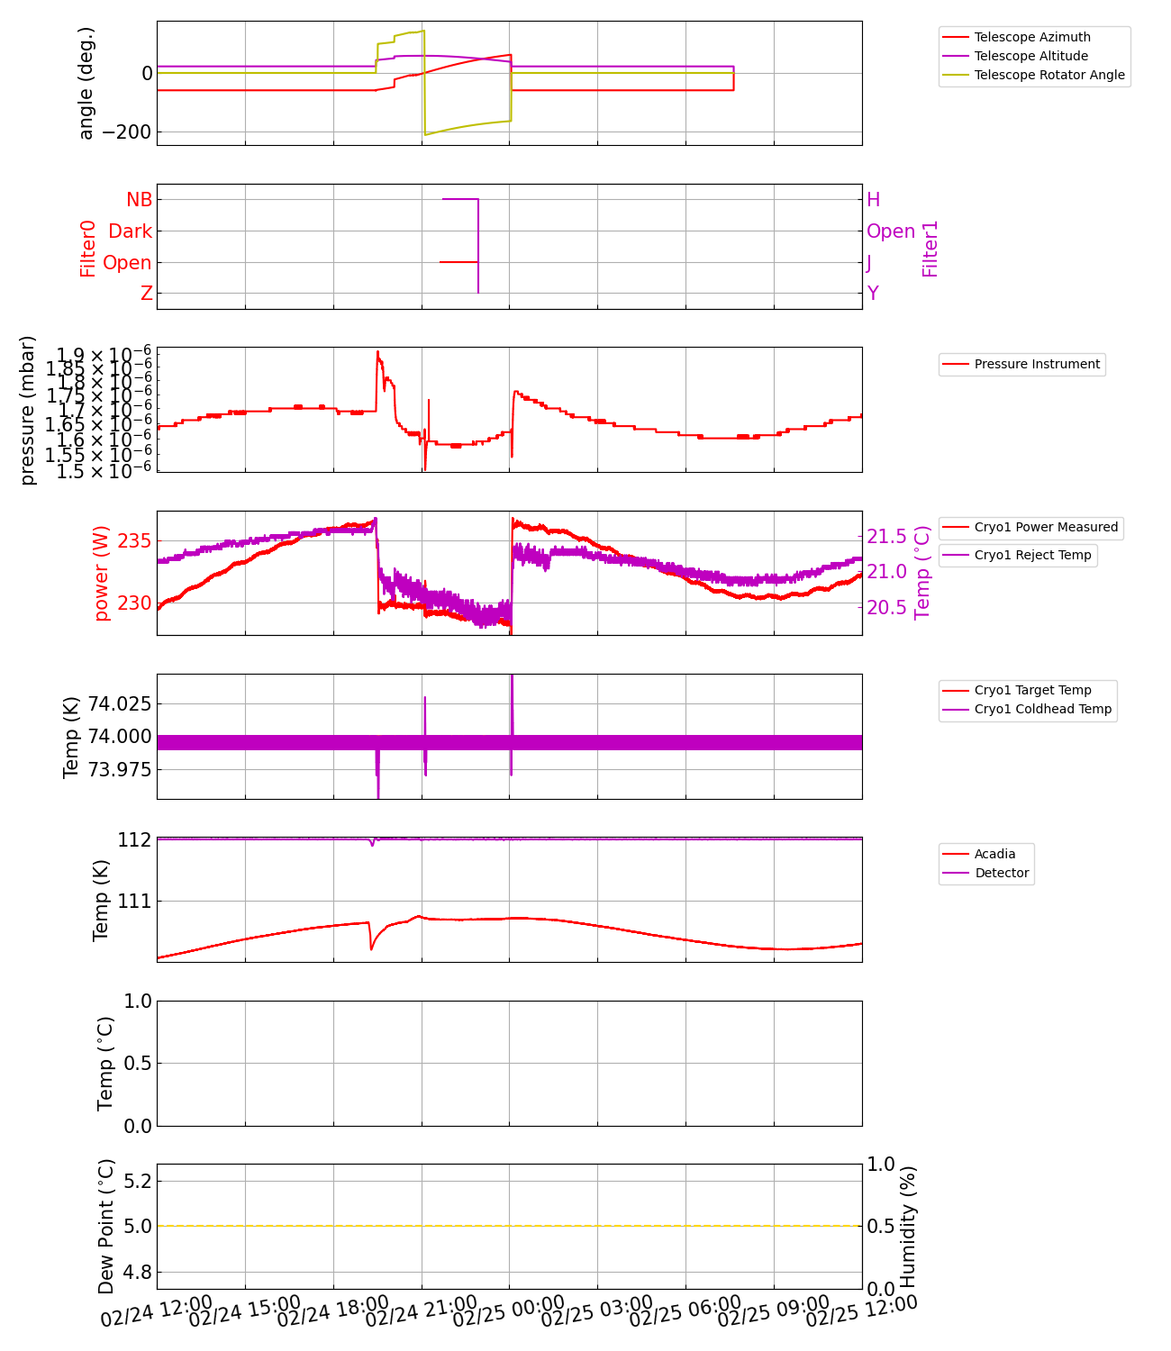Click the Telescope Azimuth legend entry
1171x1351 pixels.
coord(1032,37)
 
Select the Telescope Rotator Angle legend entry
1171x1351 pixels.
coord(1049,75)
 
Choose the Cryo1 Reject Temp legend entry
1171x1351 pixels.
coord(1032,555)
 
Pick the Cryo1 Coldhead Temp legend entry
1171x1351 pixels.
coord(1042,709)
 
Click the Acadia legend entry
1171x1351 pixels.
coord(994,854)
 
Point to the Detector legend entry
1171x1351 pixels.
coord(1002,873)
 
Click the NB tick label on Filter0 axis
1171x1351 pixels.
coord(139,200)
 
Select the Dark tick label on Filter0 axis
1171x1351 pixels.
coord(130,231)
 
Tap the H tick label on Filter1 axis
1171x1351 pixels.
coord(873,200)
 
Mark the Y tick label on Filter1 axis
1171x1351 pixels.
coord(872,294)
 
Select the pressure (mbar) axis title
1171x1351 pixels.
coord(28,410)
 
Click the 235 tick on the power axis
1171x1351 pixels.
coord(134,541)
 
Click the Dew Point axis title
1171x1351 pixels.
coord(105,1227)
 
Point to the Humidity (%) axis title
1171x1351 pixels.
coord(907,1227)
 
